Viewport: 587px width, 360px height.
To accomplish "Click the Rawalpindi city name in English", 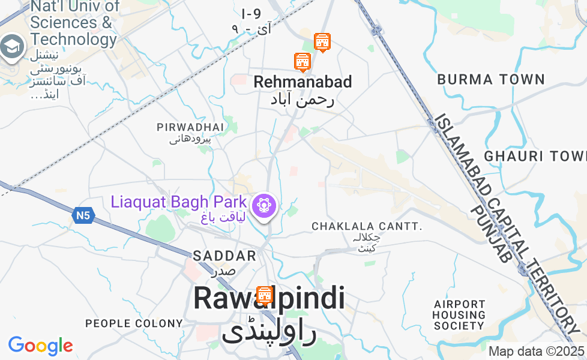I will coord(269,298).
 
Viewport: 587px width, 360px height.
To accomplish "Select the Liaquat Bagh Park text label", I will coord(178,202).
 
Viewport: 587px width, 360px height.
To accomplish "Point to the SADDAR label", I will coord(224,256).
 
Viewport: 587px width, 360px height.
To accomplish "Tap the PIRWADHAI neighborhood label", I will coord(190,127).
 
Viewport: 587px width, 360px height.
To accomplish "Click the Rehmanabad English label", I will coord(303,82).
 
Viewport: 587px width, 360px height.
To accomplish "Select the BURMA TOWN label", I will coord(491,79).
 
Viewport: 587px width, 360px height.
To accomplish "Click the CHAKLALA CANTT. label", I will coord(367,226).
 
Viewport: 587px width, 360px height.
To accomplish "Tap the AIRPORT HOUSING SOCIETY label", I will coord(459,315).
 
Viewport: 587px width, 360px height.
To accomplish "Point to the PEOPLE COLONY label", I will coord(134,323).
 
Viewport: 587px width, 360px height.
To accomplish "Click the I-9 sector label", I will coord(251,13).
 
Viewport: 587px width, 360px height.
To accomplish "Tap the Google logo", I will coord(40,346).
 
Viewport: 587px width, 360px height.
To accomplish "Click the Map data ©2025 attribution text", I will coord(536,351).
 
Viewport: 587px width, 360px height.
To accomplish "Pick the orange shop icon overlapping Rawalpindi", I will coord(265,295).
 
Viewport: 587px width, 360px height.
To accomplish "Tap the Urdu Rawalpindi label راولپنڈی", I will coord(268,332).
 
